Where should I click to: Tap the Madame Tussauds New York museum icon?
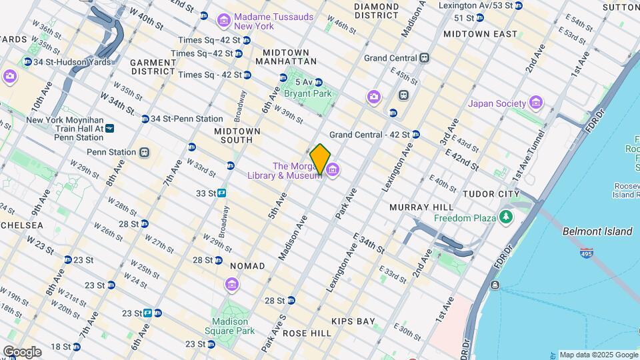pos(224,20)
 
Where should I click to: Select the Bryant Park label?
pos(307,94)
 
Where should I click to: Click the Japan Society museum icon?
pos(536,103)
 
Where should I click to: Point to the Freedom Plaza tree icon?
pos(507,217)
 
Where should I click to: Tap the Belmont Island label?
pos(597,231)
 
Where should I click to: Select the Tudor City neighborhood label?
pos(492,194)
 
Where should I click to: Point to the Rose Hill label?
pos(307,333)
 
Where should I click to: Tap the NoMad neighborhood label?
pos(247,266)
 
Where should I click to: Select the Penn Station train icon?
pos(145,152)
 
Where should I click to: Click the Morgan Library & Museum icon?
pos(331,171)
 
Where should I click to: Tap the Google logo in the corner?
pos(22,351)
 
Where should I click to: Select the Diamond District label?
pos(377,11)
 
